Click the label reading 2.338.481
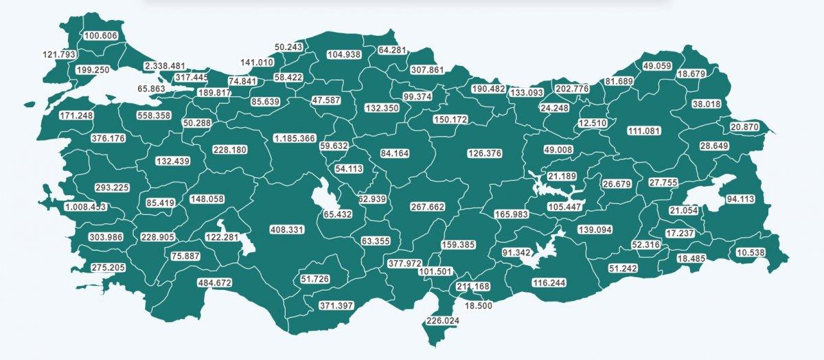165,66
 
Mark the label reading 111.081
648,131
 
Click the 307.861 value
428,70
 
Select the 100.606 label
100,36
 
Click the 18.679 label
692,74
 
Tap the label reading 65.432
338,214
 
